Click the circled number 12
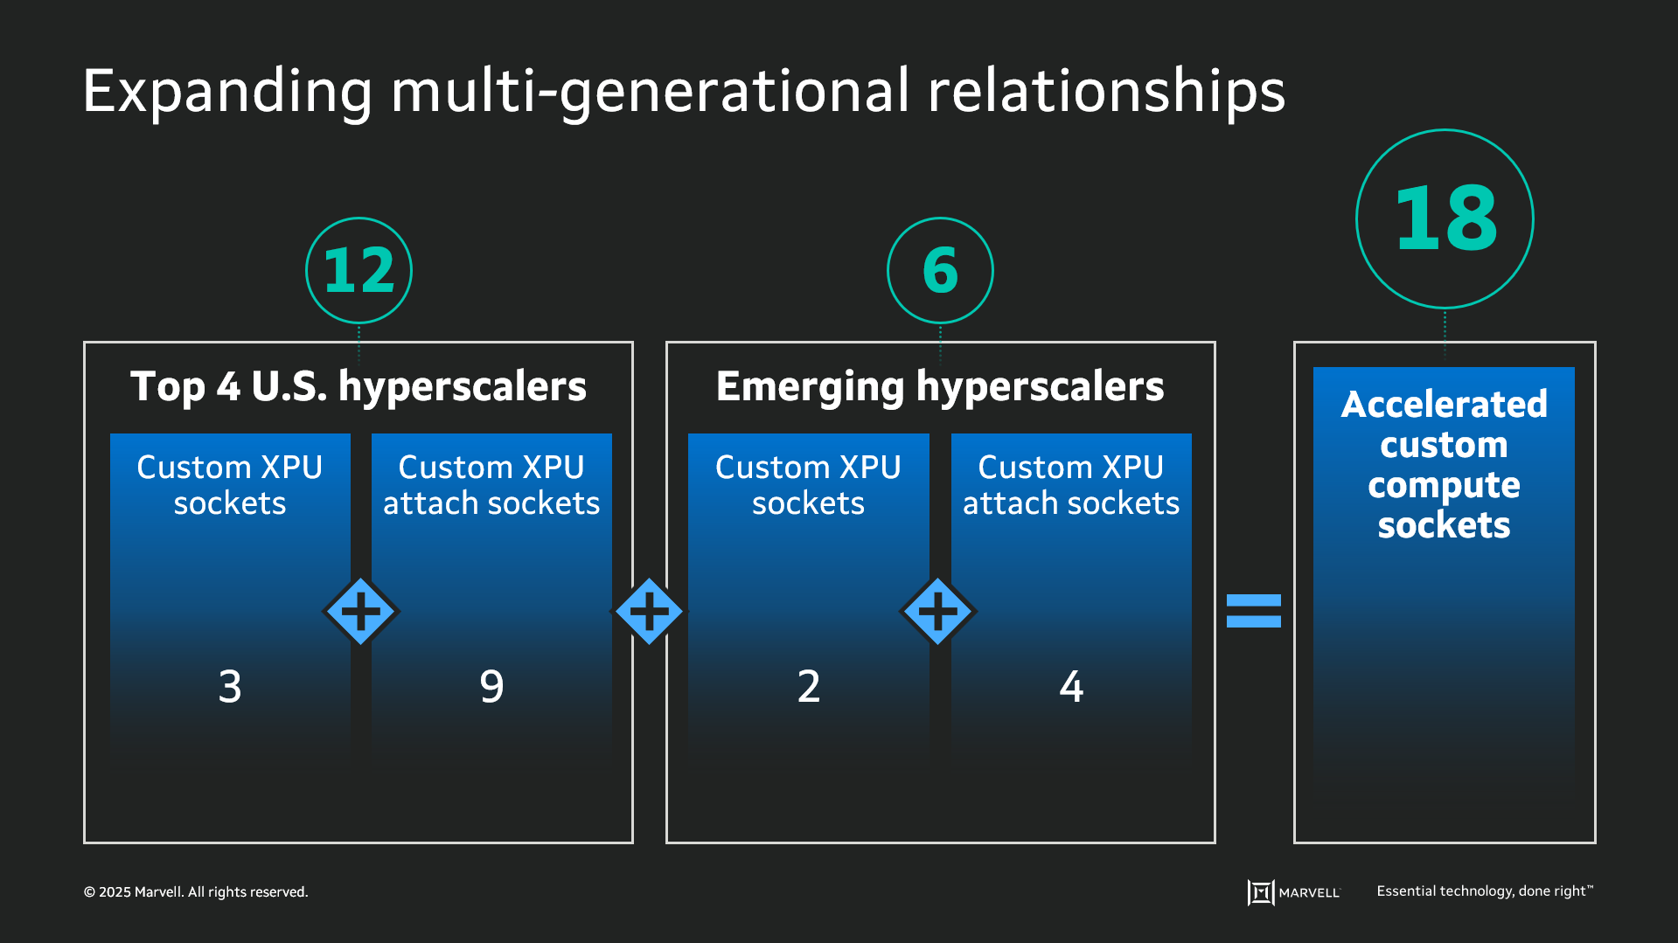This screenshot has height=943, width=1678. pyautogui.click(x=359, y=270)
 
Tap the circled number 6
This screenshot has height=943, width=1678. pyautogui.click(x=940, y=270)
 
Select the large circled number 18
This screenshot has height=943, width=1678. pyautogui.click(x=1445, y=218)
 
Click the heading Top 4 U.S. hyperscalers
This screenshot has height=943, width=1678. pyautogui.click(x=359, y=386)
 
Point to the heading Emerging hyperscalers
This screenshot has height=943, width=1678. pyautogui.click(x=940, y=386)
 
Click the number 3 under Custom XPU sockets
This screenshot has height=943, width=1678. pyautogui.click(x=230, y=686)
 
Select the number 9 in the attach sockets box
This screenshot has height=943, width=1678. pyautogui.click(x=491, y=686)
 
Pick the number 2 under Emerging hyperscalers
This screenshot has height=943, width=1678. pyautogui.click(x=809, y=686)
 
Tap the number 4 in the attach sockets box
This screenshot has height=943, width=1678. pyautogui.click(x=1071, y=686)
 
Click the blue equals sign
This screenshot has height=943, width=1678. pyautogui.click(x=1253, y=611)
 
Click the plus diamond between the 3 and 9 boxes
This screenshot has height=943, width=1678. pyautogui.click(x=361, y=611)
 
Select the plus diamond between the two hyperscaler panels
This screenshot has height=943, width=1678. pyautogui.click(x=649, y=611)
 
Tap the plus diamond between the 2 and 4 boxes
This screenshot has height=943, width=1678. pyautogui.click(x=937, y=611)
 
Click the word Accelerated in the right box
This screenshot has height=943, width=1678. pyautogui.click(x=1444, y=405)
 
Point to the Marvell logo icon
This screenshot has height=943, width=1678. pyautogui.click(x=1260, y=892)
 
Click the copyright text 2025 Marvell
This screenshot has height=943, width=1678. pyautogui.click(x=196, y=892)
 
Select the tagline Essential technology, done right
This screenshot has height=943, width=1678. pyautogui.click(x=1484, y=891)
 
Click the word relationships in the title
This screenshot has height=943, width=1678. pyautogui.click(x=1106, y=92)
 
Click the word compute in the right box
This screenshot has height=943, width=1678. pyautogui.click(x=1444, y=486)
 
